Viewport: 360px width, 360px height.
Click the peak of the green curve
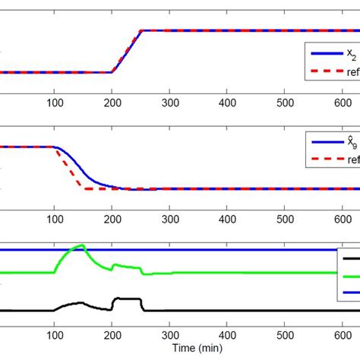82,245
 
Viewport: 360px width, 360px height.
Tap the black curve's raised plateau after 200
128,299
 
